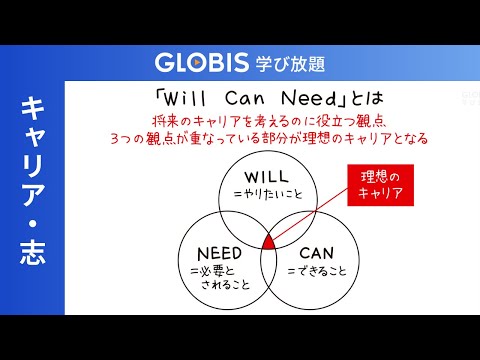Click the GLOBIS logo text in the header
tap(202, 62)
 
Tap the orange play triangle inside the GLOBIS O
tap(197, 62)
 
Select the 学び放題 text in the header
tap(290, 63)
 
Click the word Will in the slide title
tap(184, 98)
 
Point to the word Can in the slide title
tap(245, 98)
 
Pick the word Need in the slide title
tap(309, 98)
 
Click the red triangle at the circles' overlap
tap(268, 242)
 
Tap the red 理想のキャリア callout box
tap(380, 185)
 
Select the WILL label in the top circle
tap(266, 177)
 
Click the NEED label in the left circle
tap(219, 254)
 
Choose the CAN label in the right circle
tap(316, 253)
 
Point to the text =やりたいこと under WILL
tap(268, 194)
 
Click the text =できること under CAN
tap(317, 271)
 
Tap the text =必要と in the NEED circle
tap(212, 271)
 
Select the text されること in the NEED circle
tap(225, 285)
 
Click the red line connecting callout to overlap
tap(310, 214)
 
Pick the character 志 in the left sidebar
tap(33, 253)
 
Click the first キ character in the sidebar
tap(33, 107)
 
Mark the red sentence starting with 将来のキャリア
tap(269, 121)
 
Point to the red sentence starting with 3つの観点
tap(269, 138)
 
